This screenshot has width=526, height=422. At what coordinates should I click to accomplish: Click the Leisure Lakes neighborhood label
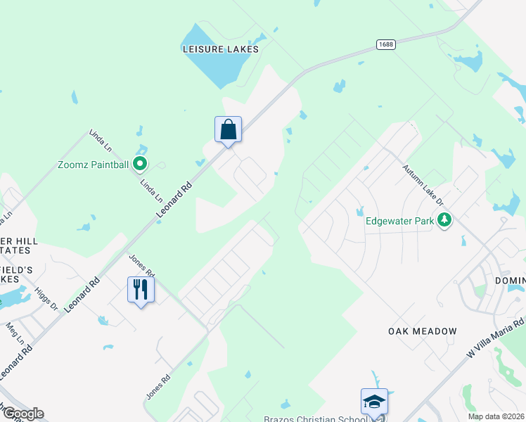[221, 49]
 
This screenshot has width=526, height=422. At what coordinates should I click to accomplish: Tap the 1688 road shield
[385, 44]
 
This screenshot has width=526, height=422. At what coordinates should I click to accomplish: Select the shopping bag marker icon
[228, 129]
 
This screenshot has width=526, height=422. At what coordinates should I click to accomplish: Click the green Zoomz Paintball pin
[140, 165]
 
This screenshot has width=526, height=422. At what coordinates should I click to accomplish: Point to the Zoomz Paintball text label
[94, 165]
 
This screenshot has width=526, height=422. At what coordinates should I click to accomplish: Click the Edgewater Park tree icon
[444, 221]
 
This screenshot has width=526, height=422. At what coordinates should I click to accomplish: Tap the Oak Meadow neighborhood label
[423, 331]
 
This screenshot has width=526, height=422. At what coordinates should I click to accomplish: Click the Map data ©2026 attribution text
[496, 416]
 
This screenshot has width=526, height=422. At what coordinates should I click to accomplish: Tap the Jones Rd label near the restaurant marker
[141, 265]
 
